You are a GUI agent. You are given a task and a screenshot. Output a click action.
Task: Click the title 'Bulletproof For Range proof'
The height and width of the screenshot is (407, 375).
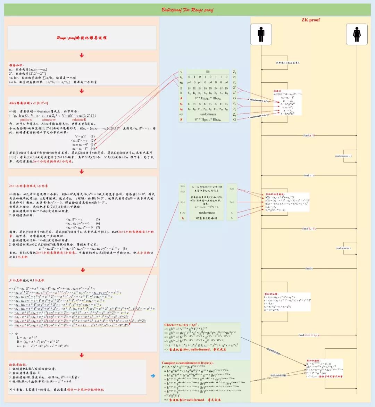[187, 10]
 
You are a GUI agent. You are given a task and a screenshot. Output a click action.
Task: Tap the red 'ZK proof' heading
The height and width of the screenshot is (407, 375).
[310, 20]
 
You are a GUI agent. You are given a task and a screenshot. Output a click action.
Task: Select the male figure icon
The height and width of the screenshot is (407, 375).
[261, 34]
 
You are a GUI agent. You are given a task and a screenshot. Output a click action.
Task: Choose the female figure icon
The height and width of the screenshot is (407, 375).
[357, 34]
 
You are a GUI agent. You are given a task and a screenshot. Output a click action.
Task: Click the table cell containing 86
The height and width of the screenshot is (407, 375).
[208, 72]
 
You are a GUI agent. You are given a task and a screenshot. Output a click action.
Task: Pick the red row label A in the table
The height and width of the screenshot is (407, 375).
[181, 98]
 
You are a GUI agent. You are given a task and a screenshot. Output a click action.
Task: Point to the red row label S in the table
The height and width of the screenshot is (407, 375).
[181, 119]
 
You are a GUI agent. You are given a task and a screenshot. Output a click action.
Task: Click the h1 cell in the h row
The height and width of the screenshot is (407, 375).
[189, 93]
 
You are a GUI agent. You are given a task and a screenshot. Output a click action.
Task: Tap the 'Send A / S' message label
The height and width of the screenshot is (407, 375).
[309, 135]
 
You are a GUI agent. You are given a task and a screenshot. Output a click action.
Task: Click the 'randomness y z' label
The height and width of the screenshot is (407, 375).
[344, 156]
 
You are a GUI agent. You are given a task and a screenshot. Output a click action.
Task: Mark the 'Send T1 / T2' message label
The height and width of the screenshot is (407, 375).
[309, 229]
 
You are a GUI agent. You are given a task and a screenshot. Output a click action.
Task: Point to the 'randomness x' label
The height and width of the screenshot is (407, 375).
[343, 248]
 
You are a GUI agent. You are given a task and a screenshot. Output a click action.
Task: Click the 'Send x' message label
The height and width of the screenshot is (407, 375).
[309, 268]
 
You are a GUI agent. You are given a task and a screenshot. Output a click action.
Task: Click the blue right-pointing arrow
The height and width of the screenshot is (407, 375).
[153, 375]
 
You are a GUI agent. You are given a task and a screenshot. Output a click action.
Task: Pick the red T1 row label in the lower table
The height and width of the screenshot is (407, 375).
[183, 218]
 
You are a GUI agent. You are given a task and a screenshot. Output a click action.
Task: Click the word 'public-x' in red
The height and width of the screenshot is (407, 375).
[26, 119]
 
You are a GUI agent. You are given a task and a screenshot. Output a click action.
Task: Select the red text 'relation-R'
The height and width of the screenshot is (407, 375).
[79, 119]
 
